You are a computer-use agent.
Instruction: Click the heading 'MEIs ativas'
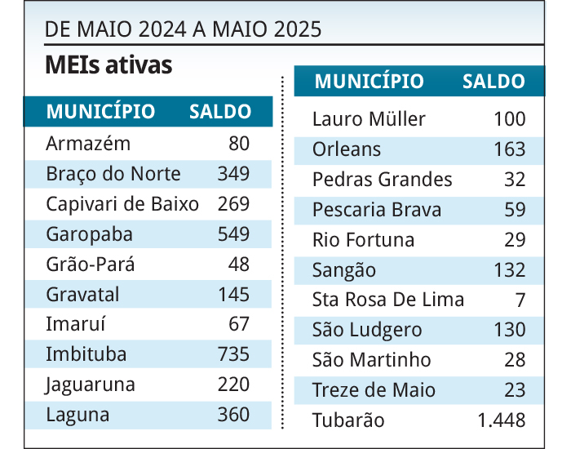coord(108,65)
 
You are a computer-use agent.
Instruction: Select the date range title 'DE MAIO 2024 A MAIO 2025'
coord(184,30)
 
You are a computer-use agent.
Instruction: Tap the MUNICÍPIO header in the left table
coord(100,112)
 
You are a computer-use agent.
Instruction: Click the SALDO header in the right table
coord(494,82)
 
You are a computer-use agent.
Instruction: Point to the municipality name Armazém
coord(88,144)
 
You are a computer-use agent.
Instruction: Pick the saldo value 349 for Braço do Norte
coord(233,174)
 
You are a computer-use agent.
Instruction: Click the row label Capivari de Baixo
coord(122,204)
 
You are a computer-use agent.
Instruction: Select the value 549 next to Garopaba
coord(233,234)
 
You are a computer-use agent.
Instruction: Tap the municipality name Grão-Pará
coord(91,265)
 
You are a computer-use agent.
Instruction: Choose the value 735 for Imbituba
coord(233,354)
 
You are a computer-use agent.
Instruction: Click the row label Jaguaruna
coord(91,385)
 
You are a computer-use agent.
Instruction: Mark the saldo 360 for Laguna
coord(233,415)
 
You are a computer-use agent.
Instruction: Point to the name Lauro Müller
coord(369,119)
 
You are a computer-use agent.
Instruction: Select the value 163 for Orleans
coord(510,149)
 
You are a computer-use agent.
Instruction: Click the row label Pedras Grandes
coord(382,180)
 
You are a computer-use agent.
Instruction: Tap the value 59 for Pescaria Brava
coord(515,210)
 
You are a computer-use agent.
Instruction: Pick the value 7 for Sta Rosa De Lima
coord(520,300)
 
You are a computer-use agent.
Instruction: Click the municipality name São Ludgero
coord(367,330)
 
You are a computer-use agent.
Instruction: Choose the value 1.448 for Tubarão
coord(502,420)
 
